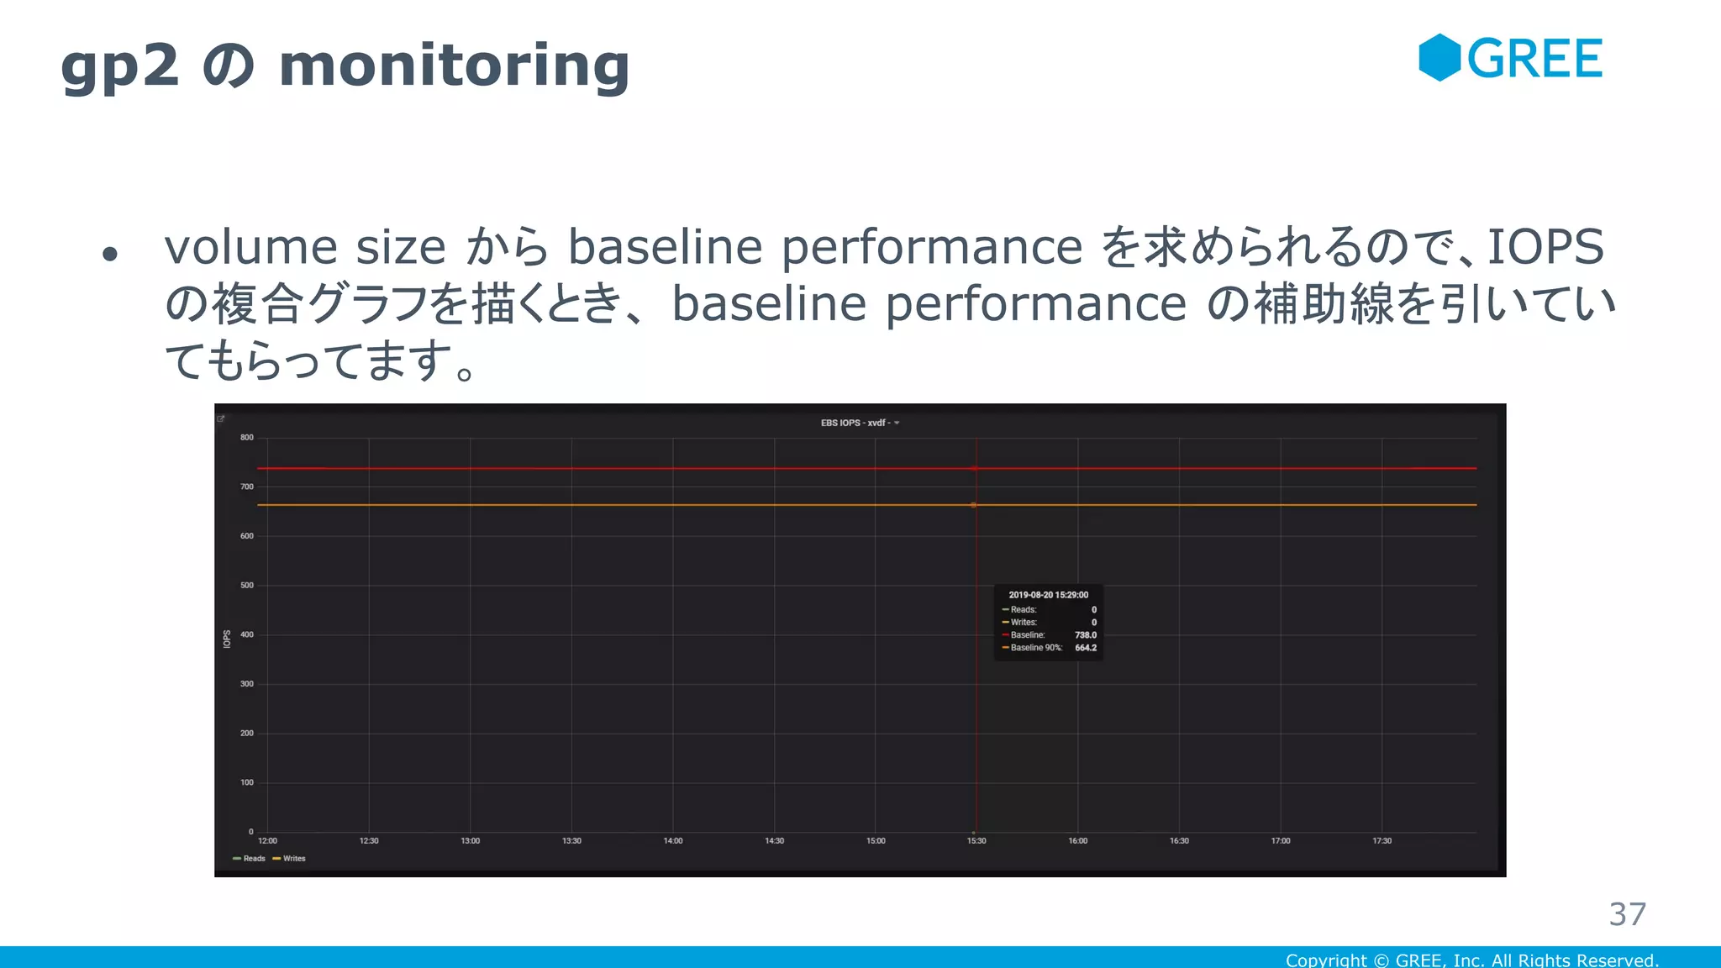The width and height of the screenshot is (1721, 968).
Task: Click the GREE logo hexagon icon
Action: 1439,58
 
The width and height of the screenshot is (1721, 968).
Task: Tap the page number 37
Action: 1627,914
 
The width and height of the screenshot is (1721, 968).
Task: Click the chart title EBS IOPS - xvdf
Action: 855,423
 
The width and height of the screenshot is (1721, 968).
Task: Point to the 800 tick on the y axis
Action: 246,438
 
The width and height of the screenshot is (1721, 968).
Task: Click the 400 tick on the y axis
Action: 246,634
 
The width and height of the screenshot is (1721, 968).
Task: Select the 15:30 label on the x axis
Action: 976,841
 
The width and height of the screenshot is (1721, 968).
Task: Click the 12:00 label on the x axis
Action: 267,841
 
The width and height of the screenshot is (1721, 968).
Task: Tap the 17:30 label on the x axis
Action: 1382,841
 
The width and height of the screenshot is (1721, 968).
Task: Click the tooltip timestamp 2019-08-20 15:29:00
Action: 1048,595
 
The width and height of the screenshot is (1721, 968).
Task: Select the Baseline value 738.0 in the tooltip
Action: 1085,635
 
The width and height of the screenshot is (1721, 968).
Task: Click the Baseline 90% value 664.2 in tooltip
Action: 1085,648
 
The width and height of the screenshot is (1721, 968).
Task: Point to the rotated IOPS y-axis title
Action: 227,639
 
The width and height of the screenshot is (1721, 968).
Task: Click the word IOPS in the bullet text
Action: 1545,247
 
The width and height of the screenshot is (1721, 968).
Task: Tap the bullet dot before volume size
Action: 110,253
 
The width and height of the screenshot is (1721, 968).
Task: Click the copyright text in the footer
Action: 1471,960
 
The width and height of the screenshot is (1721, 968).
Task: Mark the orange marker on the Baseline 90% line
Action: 974,505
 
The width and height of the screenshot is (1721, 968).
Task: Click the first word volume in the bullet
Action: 250,247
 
